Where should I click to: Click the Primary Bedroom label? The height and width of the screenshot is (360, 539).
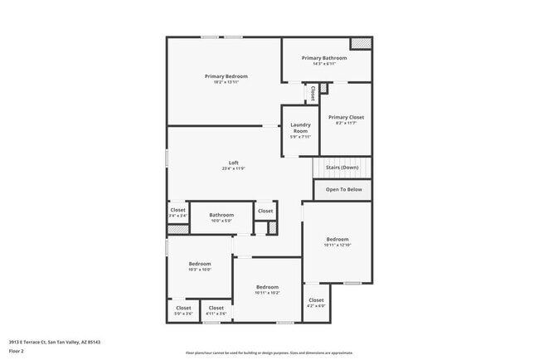tap(226, 76)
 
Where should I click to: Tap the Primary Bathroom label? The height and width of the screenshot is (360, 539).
tap(324, 58)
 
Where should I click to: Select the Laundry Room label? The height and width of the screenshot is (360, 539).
tap(300, 128)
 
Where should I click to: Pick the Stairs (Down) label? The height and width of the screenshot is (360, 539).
tap(342, 168)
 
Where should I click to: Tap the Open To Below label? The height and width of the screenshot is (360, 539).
tap(343, 190)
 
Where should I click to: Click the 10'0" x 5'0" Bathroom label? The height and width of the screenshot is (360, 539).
tap(221, 221)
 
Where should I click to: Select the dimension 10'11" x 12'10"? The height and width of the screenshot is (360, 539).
tap(338, 245)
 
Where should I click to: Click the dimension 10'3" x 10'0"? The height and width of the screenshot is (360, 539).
tap(200, 270)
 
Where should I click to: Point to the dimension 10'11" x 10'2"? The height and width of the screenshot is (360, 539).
tap(267, 293)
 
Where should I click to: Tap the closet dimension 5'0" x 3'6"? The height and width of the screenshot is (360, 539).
tap(182, 314)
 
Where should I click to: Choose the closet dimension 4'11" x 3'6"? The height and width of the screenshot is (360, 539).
tap(216, 314)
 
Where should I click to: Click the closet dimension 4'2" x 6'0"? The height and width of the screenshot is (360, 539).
tap(316, 306)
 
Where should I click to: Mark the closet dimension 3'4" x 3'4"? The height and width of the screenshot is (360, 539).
tap(178, 216)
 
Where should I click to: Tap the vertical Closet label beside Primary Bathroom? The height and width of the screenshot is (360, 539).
tap(313, 94)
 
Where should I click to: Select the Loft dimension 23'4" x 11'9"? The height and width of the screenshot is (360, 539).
tap(234, 168)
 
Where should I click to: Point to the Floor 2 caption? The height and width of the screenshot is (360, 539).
tap(17, 351)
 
